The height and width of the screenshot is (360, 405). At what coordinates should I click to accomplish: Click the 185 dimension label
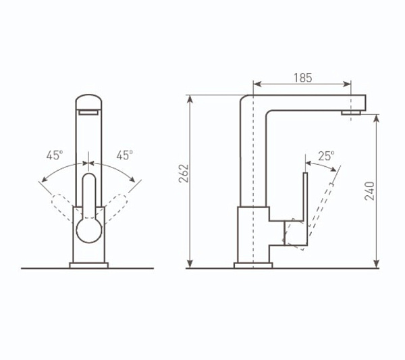coord(302,78)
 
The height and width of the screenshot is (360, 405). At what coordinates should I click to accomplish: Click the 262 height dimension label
coord(184,174)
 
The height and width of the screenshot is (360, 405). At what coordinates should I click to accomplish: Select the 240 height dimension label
coord(370,191)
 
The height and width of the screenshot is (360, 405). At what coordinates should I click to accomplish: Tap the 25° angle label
coord(326,156)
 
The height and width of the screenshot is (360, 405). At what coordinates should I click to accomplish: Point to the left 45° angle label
coord(55,155)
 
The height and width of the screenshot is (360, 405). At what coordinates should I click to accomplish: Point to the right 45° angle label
coord(125,155)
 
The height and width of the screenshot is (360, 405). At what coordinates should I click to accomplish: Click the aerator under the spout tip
coord(351,112)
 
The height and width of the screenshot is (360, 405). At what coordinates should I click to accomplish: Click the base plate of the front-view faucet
coord(89,265)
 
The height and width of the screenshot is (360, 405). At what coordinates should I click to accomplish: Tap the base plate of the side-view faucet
coord(253,265)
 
